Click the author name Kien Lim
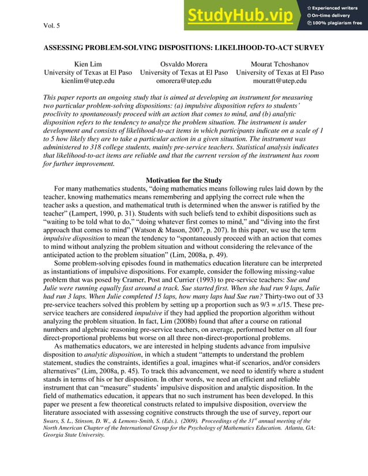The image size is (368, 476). point(88,64)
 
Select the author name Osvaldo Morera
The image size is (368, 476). point(184,64)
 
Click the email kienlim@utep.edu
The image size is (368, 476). point(88,81)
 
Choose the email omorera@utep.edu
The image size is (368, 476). point(184,81)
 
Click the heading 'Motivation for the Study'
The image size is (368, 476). point(183,180)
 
